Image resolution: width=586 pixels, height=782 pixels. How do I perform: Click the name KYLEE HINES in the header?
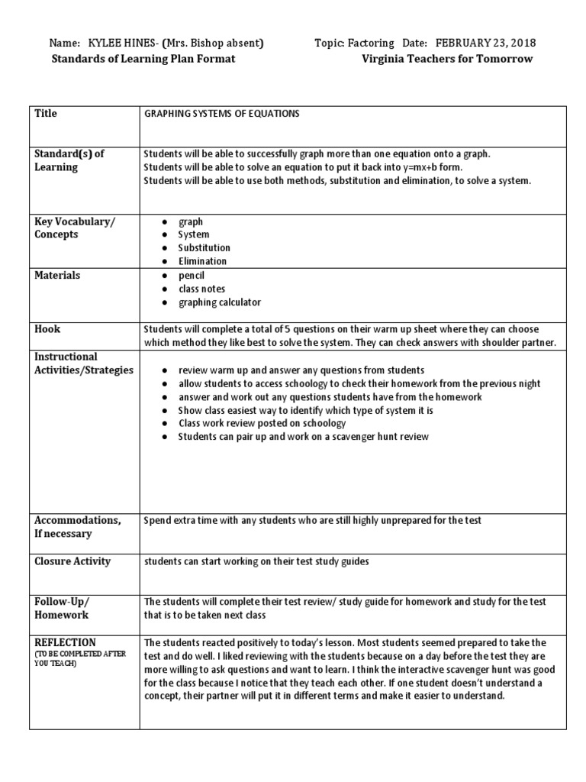pyautogui.click(x=120, y=44)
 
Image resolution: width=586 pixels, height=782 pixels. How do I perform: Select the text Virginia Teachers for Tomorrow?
pyautogui.click(x=447, y=59)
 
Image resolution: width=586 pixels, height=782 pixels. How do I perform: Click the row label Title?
pyautogui.click(x=46, y=113)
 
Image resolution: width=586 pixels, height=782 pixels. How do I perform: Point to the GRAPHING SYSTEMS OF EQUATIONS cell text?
pyautogui.click(x=222, y=114)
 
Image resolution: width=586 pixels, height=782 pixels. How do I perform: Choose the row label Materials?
pyautogui.click(x=57, y=275)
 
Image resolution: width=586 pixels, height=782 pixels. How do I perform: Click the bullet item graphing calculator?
pyautogui.click(x=220, y=302)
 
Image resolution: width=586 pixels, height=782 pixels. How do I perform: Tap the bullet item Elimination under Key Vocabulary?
pyautogui.click(x=202, y=261)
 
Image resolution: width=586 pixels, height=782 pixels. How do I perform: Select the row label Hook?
pyautogui.click(x=47, y=329)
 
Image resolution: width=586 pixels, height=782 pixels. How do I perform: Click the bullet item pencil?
pyautogui.click(x=192, y=275)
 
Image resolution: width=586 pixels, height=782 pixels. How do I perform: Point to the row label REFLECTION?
pyautogui.click(x=65, y=642)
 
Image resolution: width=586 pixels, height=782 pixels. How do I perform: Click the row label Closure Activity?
pyautogui.click(x=72, y=561)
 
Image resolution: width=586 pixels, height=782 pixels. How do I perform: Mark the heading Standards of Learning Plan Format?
pyautogui.click(x=143, y=59)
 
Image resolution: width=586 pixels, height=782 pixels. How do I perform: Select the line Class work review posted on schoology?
pyautogui.click(x=262, y=423)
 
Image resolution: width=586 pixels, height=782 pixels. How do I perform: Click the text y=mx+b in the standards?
pyautogui.click(x=413, y=167)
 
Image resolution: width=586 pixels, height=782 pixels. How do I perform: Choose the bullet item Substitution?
pyautogui.click(x=204, y=247)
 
